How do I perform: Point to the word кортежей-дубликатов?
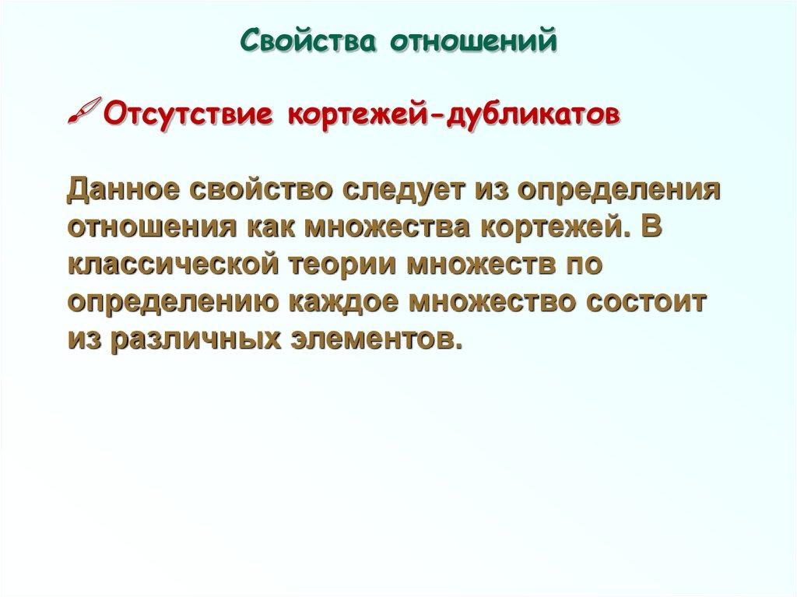pos(455,115)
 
